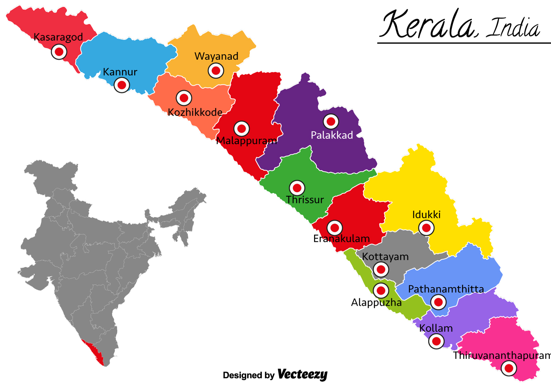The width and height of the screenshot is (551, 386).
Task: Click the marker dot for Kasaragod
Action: pyautogui.click(x=59, y=52)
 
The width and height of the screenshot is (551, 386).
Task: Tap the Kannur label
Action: pyautogui.click(x=120, y=72)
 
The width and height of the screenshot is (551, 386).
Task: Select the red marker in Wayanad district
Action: pyautogui.click(x=216, y=71)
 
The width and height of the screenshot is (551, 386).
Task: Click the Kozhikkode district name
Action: pyautogui.click(x=195, y=112)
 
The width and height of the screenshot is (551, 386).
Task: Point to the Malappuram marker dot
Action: pyautogui.click(x=242, y=128)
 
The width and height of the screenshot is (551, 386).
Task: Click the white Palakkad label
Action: pyautogui.click(x=332, y=135)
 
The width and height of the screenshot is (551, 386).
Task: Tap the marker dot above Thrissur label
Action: pyautogui.click(x=297, y=188)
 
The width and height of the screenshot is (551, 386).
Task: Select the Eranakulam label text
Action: pyautogui.click(x=341, y=239)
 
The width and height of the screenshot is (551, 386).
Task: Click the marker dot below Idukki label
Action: pyautogui.click(x=426, y=228)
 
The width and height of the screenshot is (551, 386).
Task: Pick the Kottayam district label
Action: pyautogui.click(x=385, y=256)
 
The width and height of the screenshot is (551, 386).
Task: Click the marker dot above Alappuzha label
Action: pyautogui.click(x=381, y=291)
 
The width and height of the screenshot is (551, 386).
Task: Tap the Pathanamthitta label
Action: pyautogui.click(x=446, y=289)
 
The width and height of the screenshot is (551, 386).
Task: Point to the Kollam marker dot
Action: pyautogui.click(x=436, y=341)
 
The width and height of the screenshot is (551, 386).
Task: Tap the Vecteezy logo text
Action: pyautogui.click(x=302, y=374)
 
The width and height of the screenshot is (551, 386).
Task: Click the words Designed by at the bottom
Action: pyautogui.click(x=248, y=375)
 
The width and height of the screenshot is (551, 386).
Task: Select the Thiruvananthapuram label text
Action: pyautogui.click(x=501, y=356)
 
